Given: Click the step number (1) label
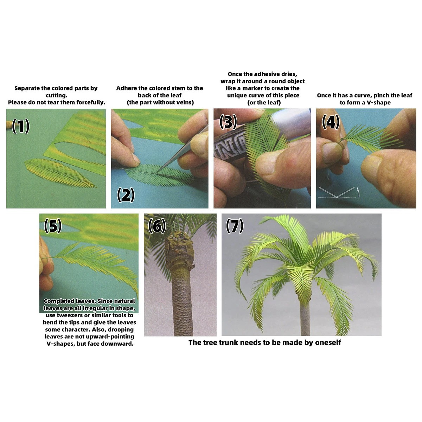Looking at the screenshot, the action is (20, 126).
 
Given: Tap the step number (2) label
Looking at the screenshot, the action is (126, 195).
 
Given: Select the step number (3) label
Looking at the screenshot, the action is (228, 122).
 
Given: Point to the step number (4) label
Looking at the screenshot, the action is (331, 122).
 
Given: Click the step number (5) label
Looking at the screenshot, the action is (53, 226).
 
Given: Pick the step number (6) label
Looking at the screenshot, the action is (157, 226).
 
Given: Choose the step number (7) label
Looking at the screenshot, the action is (235, 226).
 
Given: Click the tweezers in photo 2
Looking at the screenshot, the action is (182, 149).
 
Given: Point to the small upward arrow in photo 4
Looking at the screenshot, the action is (358, 192).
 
